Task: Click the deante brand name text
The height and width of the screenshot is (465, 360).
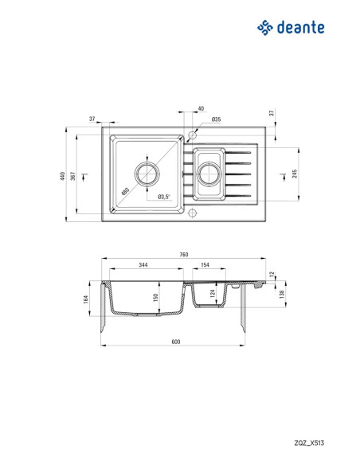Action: (x=301, y=28)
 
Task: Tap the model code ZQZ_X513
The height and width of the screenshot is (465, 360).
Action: (x=309, y=443)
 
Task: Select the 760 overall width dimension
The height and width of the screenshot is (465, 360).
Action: (x=183, y=255)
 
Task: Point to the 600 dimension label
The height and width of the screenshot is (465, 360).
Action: (x=176, y=342)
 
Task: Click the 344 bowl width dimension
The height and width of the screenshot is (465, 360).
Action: (x=143, y=265)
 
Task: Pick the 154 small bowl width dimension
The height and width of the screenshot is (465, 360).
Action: (x=205, y=265)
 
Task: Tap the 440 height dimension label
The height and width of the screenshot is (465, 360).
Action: (x=62, y=176)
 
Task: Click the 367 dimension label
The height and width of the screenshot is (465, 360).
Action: (x=73, y=176)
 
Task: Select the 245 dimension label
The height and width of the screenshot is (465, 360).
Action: (x=295, y=174)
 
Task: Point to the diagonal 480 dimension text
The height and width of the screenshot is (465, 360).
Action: (x=125, y=191)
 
